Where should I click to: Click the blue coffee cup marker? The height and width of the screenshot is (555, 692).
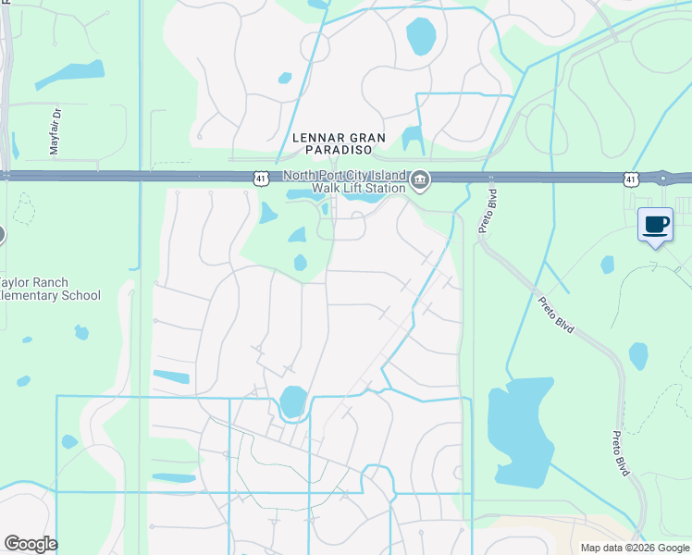click(655, 225)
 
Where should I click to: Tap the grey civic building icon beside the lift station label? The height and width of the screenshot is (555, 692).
click(420, 180)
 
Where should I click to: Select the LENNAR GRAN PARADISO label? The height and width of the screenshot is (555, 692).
click(332, 142)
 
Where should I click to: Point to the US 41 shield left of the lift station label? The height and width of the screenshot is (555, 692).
click(262, 177)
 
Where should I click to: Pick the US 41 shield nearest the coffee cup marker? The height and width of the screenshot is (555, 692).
click(631, 177)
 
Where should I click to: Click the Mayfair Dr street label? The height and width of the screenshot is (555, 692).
click(55, 131)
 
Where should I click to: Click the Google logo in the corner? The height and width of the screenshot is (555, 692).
click(31, 544)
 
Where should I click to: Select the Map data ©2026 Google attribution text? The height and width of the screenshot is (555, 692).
click(634, 548)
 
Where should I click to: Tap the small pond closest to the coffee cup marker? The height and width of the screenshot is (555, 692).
click(607, 265)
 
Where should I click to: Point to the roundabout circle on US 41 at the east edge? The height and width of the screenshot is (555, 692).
click(662, 177)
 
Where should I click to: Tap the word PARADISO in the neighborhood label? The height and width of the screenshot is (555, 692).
click(332, 149)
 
